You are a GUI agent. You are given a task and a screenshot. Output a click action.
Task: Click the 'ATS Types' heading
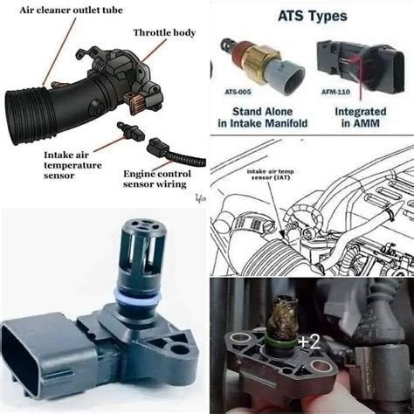tap(312, 16)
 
